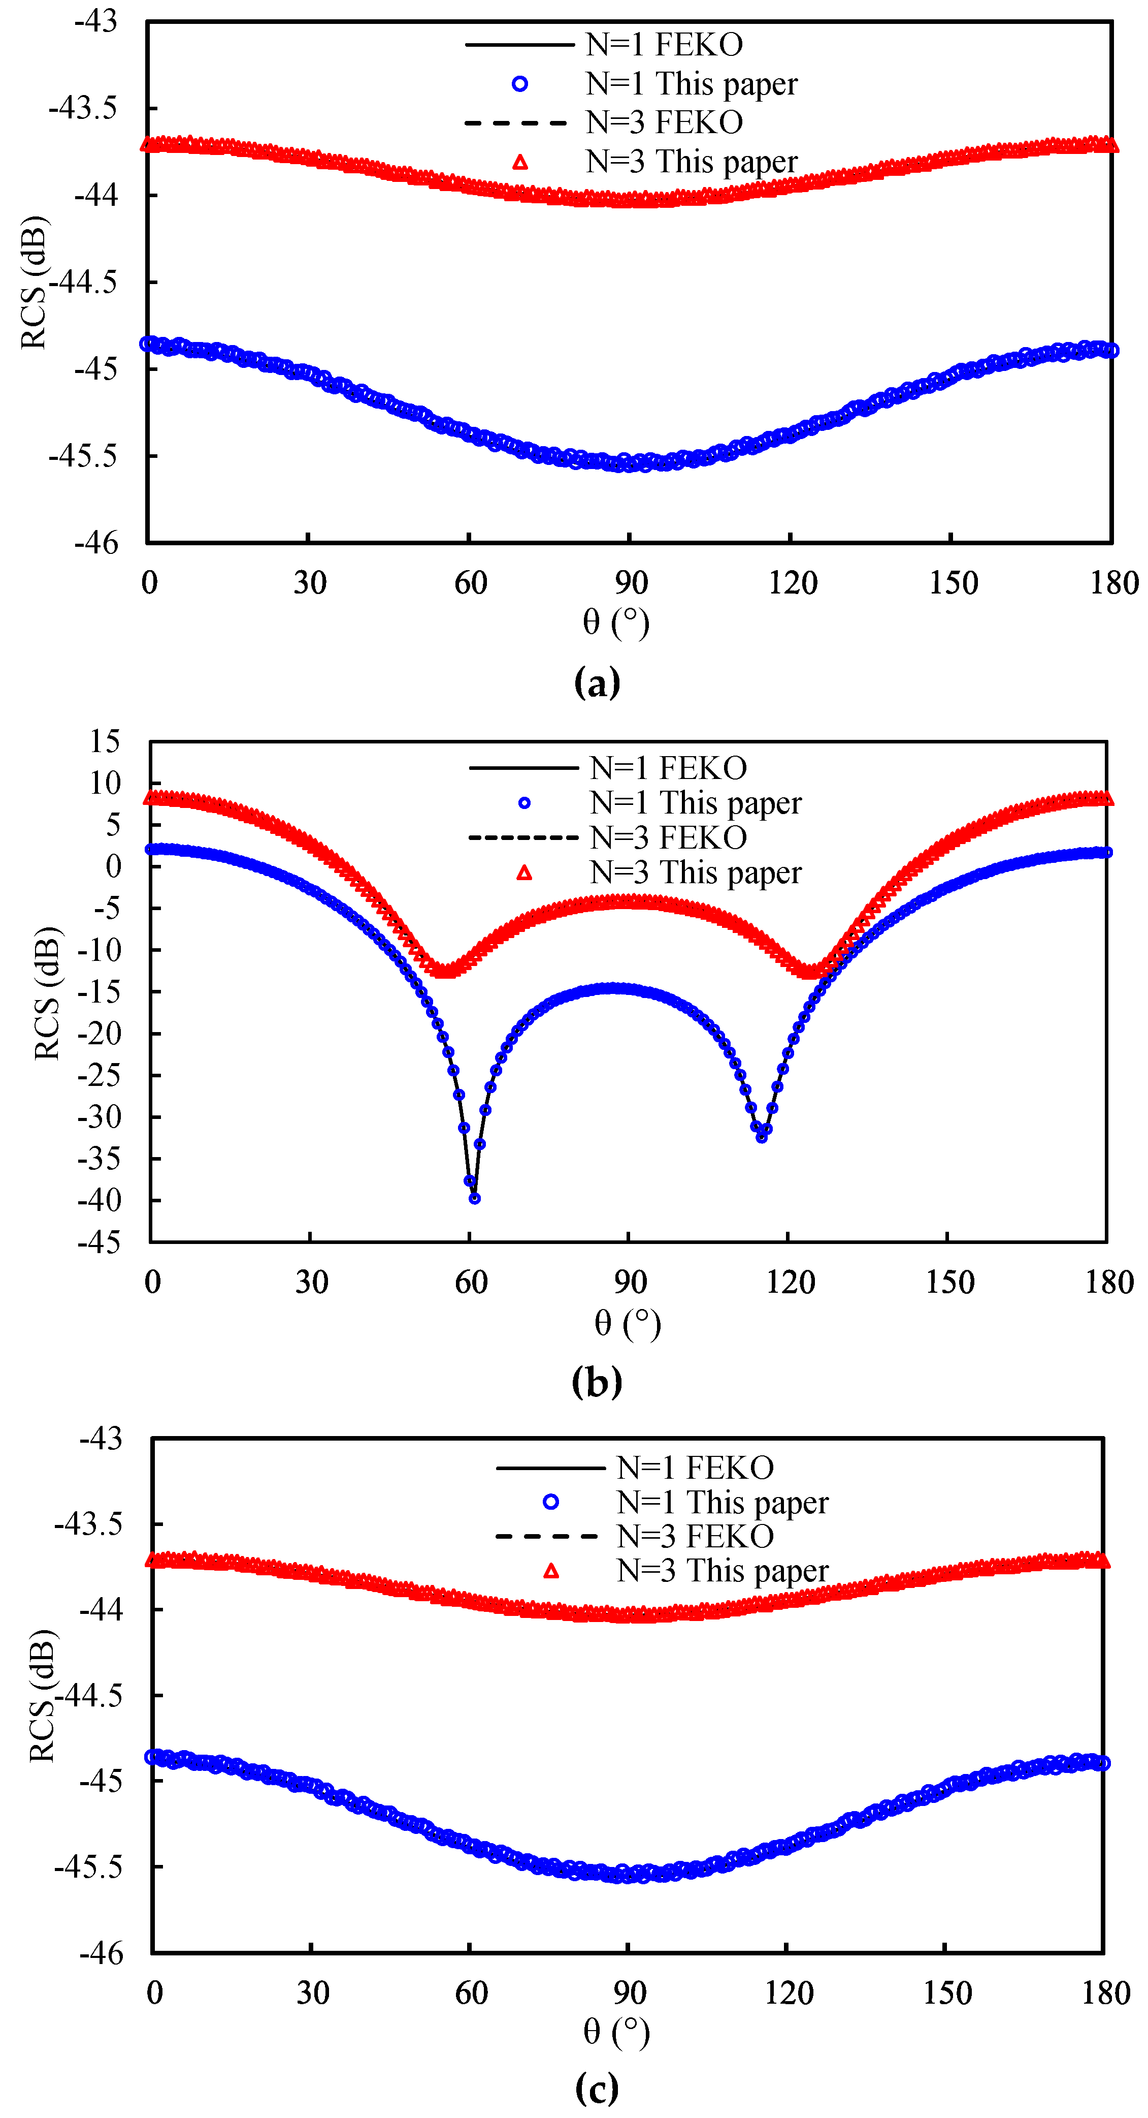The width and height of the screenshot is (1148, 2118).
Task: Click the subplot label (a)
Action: (x=597, y=682)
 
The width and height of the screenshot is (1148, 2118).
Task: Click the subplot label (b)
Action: (x=597, y=1382)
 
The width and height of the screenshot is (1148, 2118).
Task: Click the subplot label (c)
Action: (x=597, y=2089)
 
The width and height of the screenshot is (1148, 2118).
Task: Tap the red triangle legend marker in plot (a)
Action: (x=520, y=162)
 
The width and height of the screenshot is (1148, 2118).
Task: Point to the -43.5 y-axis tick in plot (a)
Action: (x=83, y=108)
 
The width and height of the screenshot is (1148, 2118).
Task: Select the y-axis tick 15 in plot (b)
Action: (x=105, y=741)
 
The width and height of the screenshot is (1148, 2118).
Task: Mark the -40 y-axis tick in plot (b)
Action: (x=99, y=1200)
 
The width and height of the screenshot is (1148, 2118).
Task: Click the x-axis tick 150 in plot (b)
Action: (x=949, y=1283)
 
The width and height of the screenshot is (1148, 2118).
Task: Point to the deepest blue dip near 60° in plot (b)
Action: (x=474, y=1198)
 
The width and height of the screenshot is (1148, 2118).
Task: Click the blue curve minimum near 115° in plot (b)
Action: (x=762, y=1136)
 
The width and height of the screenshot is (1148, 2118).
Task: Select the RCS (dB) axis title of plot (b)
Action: (x=47, y=993)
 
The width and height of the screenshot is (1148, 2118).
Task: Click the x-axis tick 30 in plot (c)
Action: (x=312, y=1993)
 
